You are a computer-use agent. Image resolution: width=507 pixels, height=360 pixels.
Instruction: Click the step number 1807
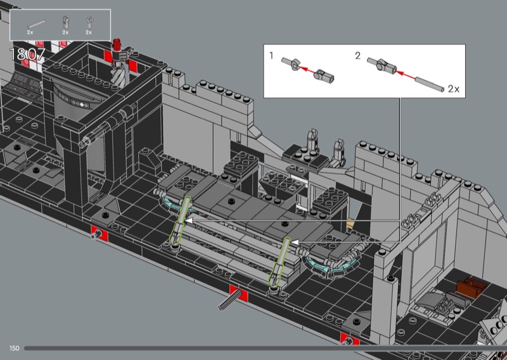27,55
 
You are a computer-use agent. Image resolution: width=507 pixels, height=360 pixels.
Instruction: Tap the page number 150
14,348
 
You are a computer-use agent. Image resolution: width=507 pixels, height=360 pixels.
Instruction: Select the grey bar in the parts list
36,24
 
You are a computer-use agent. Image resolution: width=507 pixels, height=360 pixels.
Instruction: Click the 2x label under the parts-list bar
30,32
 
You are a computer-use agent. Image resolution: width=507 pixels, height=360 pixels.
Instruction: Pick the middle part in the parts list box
65,23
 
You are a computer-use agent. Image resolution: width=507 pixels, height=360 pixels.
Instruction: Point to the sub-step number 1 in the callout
271,56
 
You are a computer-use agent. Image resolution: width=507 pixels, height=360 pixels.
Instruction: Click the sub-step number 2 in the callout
357,56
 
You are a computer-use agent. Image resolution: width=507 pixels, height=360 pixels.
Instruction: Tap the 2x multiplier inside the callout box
453,89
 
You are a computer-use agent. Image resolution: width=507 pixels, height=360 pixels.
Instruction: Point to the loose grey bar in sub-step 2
430,84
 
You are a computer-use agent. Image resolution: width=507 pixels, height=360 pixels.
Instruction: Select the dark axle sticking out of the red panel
229,300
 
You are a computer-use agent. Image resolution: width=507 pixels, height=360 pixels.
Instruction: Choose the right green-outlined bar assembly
280,262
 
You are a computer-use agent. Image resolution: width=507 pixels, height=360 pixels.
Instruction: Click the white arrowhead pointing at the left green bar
188,221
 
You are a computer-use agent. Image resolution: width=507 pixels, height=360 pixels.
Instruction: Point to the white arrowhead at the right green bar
294,241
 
